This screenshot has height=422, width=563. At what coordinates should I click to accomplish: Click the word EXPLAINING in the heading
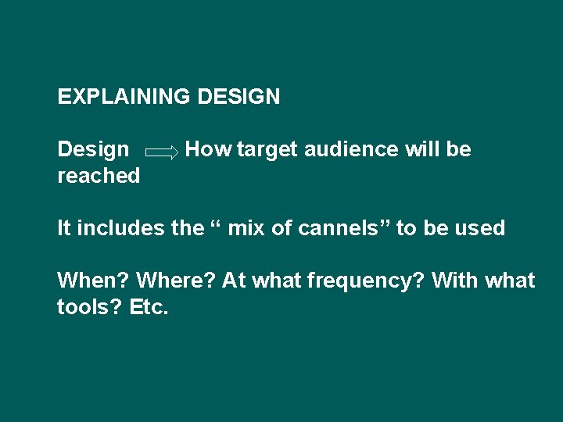pyautogui.click(x=124, y=97)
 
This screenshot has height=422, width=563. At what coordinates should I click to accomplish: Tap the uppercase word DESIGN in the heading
pyautogui.click(x=239, y=97)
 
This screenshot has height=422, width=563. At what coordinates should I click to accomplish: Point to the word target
pyautogui.click(x=267, y=149)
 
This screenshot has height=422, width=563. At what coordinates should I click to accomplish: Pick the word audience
pyautogui.click(x=351, y=149)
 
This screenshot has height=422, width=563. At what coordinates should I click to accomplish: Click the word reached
pyautogui.click(x=99, y=176)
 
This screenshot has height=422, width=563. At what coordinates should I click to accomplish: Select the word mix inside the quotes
pyautogui.click(x=245, y=228)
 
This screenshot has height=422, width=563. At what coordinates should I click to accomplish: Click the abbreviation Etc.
pyautogui.click(x=148, y=307)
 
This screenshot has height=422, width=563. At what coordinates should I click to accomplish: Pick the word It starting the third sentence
pyautogui.click(x=63, y=228)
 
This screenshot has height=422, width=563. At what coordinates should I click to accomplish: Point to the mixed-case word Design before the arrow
pyautogui.click(x=93, y=149)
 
